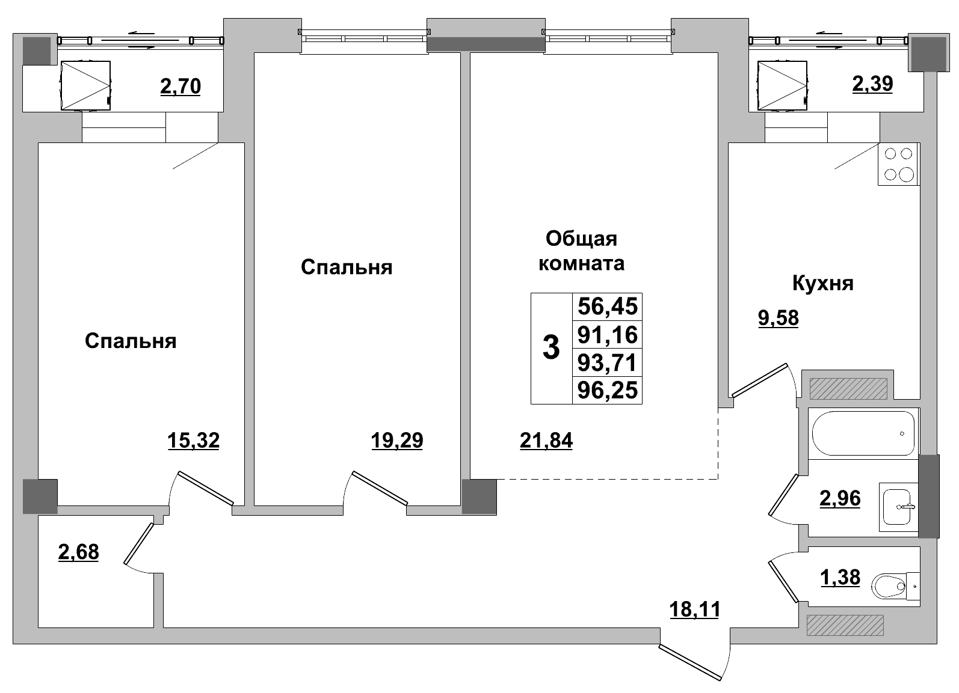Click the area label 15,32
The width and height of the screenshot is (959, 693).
[x=193, y=441]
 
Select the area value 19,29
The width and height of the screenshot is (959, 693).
[x=397, y=441]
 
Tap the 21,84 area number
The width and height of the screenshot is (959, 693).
[x=546, y=441]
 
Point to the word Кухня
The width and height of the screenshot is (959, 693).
[x=822, y=283]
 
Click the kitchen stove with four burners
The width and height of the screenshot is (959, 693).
[x=898, y=164]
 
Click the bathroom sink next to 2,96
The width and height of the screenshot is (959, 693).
[x=898, y=507]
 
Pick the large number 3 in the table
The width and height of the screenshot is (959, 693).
[x=550, y=348]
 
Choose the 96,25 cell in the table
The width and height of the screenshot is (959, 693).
[x=606, y=391]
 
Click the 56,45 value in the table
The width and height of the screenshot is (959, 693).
[x=606, y=307]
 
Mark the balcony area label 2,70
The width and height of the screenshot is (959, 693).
[x=180, y=87]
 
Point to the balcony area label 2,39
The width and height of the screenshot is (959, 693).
[x=872, y=84]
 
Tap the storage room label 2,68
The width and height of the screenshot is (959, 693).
[x=78, y=551]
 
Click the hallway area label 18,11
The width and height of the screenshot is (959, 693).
[x=694, y=609]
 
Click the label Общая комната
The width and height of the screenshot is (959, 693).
[x=581, y=251]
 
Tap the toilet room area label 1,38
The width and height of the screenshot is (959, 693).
[x=840, y=577]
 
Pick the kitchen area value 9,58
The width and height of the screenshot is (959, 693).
[x=778, y=318]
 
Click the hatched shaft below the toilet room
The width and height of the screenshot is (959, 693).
[x=845, y=625]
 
